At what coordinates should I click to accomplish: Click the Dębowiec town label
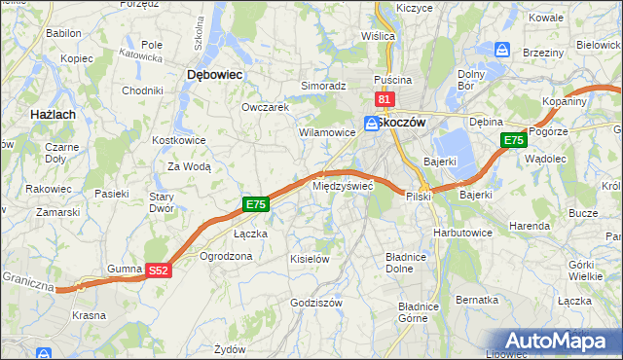coord(214,73)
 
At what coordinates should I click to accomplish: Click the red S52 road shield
coord(160,270)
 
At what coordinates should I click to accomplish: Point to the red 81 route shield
coord(384,99)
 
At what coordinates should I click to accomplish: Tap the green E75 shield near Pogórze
coord(514,141)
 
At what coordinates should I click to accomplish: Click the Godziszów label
coord(316,303)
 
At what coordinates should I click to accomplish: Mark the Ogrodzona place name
coord(226,256)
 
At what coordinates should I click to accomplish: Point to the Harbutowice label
coord(462,233)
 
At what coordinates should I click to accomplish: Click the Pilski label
coord(419,197)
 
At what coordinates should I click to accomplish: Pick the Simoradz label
coord(323,86)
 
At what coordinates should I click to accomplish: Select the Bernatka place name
coord(477,300)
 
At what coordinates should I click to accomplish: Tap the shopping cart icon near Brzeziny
coord(503,48)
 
